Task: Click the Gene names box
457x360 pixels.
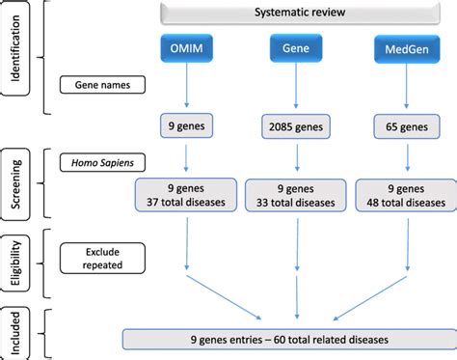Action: [102, 85]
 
